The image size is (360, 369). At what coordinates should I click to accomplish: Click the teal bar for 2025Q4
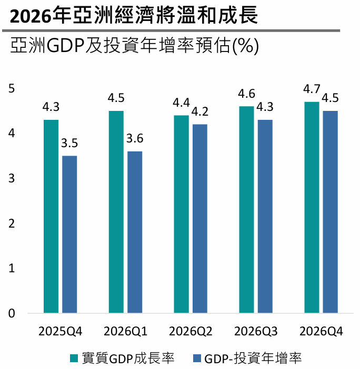[x=51, y=217]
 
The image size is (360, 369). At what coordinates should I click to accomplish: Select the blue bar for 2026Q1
[x=135, y=232]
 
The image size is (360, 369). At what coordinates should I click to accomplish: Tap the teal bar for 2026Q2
[x=181, y=214]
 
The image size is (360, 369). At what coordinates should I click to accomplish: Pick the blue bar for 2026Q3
[x=265, y=217]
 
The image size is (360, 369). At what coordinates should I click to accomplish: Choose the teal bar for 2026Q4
[x=312, y=208]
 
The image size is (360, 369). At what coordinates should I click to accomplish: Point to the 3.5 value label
[x=69, y=143]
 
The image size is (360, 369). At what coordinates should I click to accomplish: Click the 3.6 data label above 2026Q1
[x=135, y=139]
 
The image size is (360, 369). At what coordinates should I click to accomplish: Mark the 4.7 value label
[x=312, y=89]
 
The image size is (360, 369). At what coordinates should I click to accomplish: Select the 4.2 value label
[x=200, y=112]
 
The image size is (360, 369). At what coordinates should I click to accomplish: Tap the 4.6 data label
[x=246, y=94]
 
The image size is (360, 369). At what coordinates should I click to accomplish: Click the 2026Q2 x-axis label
[x=191, y=332]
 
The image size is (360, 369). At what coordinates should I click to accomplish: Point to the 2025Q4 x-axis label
[x=60, y=332]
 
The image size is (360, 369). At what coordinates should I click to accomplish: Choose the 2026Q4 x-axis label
[x=321, y=332]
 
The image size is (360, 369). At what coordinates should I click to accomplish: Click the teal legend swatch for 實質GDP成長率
[x=74, y=358]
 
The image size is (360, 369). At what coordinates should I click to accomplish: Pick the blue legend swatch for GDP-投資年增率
[x=197, y=358]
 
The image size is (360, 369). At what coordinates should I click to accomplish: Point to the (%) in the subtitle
[x=245, y=46]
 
